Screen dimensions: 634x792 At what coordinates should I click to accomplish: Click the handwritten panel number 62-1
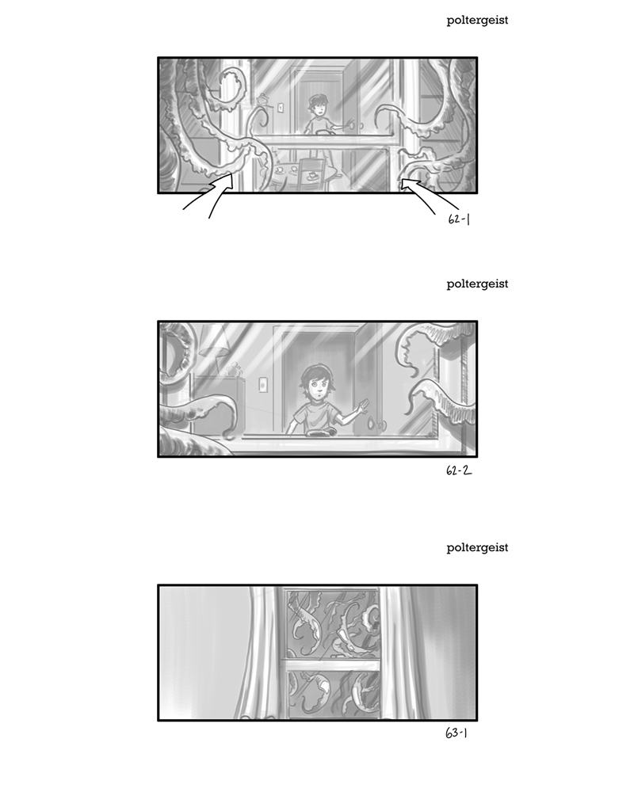pyautogui.click(x=459, y=219)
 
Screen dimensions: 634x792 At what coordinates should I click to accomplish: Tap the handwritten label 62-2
pyautogui.click(x=459, y=470)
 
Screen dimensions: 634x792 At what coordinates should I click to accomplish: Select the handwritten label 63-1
pyautogui.click(x=456, y=733)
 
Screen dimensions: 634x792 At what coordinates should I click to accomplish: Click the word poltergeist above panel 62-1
pyautogui.click(x=477, y=21)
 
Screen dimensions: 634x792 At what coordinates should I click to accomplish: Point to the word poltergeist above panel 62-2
pyautogui.click(x=477, y=284)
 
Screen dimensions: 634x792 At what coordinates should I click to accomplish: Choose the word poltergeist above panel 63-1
pyautogui.click(x=477, y=548)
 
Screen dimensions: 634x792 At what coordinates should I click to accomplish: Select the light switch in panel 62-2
pyautogui.click(x=263, y=384)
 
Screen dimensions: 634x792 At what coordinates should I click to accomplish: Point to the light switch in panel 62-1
pyautogui.click(x=281, y=107)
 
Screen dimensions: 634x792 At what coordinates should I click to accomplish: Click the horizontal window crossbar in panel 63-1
pyautogui.click(x=331, y=664)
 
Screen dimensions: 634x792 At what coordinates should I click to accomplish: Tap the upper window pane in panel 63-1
pyautogui.click(x=332, y=624)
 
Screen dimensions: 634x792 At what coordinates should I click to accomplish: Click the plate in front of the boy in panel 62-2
pyautogui.click(x=319, y=432)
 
